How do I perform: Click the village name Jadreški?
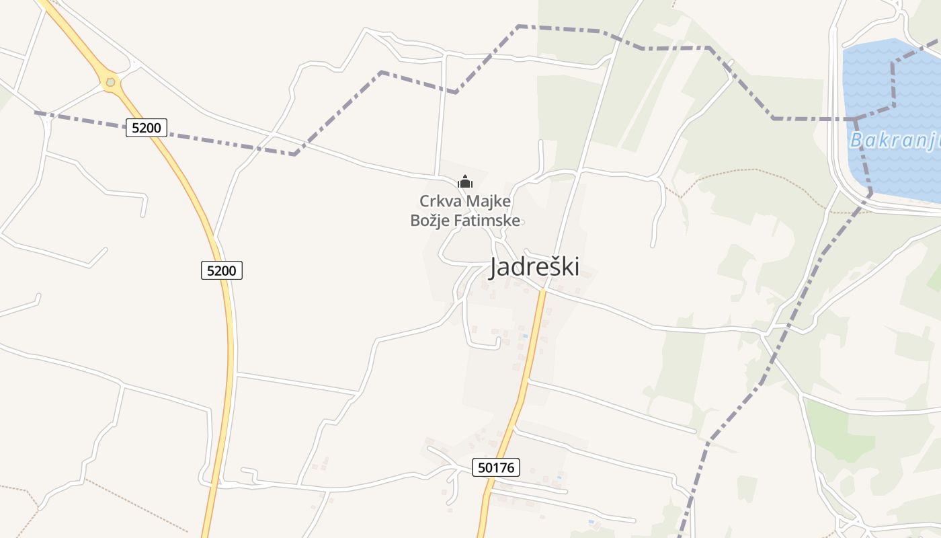click(534, 267)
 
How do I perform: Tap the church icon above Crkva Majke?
click(464, 182)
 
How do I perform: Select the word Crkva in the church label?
click(438, 201)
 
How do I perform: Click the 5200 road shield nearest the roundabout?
click(146, 127)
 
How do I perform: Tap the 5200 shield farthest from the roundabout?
click(221, 270)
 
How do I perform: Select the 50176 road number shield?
click(496, 467)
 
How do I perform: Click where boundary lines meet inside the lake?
click(856, 119)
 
